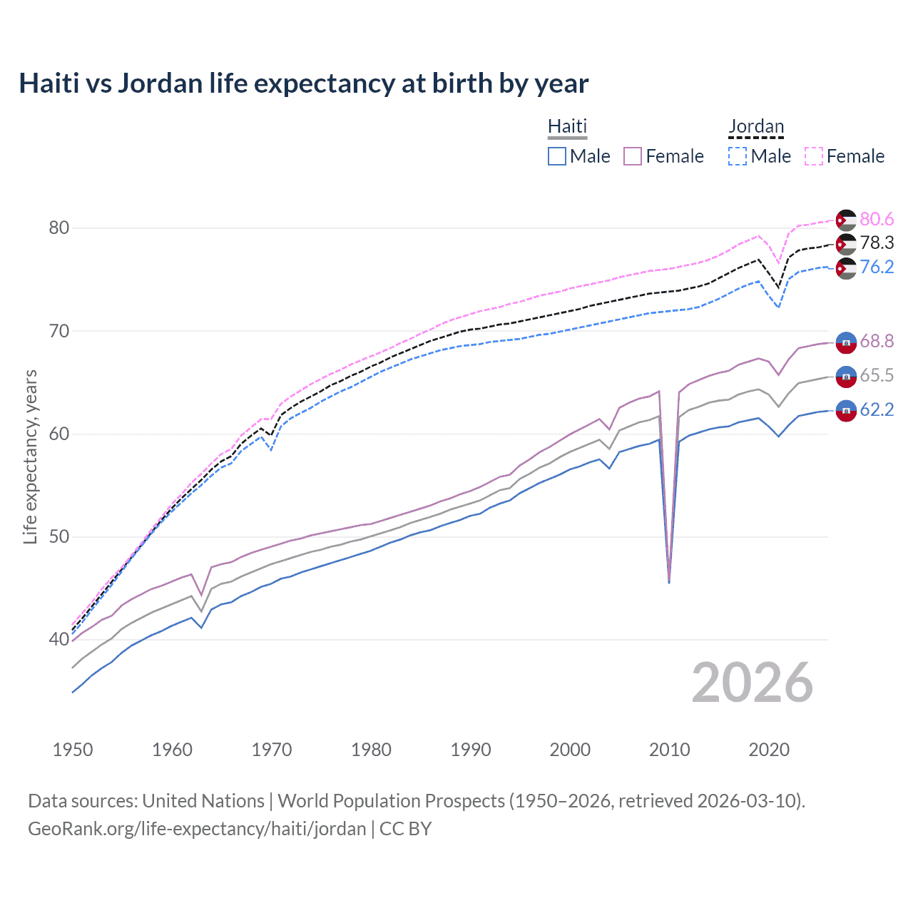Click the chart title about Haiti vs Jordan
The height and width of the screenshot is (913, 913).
click(x=303, y=83)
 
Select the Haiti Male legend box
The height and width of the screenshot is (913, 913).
click(x=557, y=156)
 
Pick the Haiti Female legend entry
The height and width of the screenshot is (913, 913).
click(x=663, y=156)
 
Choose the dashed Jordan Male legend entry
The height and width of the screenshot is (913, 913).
click(x=760, y=156)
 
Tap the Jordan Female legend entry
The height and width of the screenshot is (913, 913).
click(x=845, y=156)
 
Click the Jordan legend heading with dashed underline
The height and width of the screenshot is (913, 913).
click(x=756, y=127)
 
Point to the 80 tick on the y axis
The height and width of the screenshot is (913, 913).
click(x=58, y=228)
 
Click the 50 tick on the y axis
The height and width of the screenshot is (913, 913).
click(x=58, y=536)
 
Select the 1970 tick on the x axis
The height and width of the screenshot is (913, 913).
click(x=272, y=750)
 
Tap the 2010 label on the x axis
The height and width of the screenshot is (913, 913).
click(x=669, y=750)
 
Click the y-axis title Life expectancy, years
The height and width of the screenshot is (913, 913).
click(x=30, y=456)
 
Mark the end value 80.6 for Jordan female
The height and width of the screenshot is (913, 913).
click(x=877, y=220)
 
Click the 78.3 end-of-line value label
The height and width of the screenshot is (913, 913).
click(x=877, y=243)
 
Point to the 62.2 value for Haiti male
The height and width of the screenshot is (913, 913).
click(x=877, y=410)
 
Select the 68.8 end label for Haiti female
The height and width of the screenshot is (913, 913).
click(x=877, y=342)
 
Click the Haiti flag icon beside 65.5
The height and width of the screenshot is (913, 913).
click(x=846, y=376)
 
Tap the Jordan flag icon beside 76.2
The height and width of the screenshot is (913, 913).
click(x=846, y=268)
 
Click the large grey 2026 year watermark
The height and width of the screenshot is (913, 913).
click(x=753, y=683)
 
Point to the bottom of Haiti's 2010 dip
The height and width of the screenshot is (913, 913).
click(x=669, y=582)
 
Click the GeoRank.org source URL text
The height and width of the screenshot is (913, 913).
click(x=197, y=829)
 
